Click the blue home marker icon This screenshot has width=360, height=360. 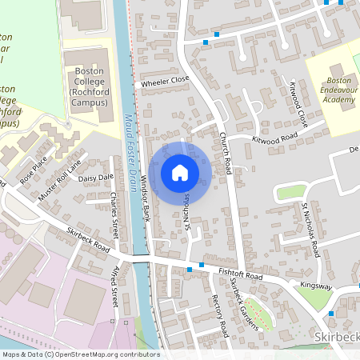click(180, 172)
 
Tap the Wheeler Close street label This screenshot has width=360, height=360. click(164, 81)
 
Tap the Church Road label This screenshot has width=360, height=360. click(226, 156)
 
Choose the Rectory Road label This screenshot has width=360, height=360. click(220, 315)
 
